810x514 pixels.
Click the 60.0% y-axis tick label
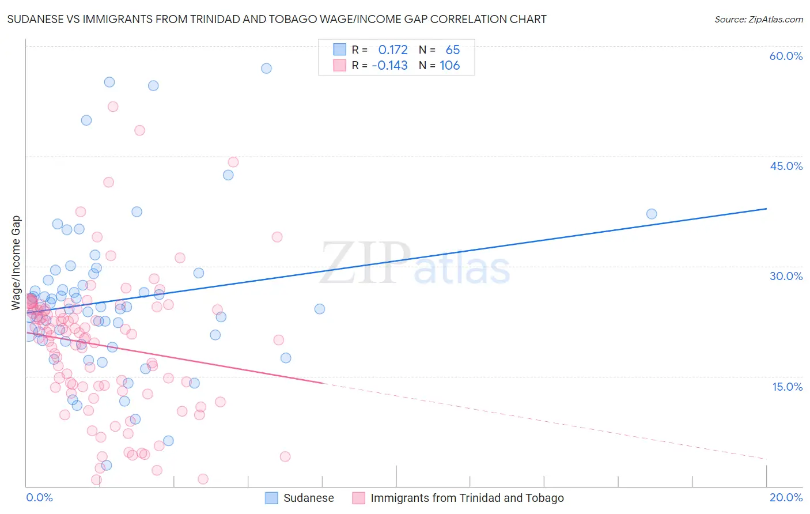[x=786, y=56]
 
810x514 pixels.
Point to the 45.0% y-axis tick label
[x=786, y=166]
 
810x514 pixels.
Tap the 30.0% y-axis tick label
[x=786, y=276]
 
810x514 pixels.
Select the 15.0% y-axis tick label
[x=787, y=387]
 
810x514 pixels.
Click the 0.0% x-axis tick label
[x=39, y=498]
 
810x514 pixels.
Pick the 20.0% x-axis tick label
[x=786, y=498]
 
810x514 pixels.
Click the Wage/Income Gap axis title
[x=16, y=263]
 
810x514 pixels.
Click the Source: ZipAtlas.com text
[x=758, y=19]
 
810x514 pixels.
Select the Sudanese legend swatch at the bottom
[x=271, y=498]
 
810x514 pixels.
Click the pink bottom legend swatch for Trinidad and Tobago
[x=358, y=498]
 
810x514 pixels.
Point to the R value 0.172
[x=392, y=50]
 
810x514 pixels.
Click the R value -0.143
[x=389, y=66]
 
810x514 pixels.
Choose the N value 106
[x=449, y=66]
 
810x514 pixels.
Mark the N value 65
[x=452, y=50]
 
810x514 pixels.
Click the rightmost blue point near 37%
[x=652, y=214]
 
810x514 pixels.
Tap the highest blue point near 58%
[x=266, y=69]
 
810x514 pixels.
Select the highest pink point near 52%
[x=113, y=107]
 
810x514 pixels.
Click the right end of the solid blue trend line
[x=766, y=209]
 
